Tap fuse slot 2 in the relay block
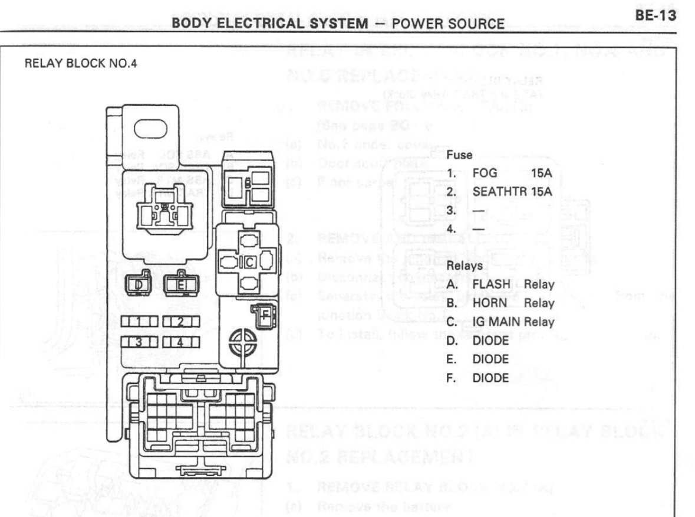click(181, 322)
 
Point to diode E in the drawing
click(182, 285)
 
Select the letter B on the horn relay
click(248, 184)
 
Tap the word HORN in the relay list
click(488, 304)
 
